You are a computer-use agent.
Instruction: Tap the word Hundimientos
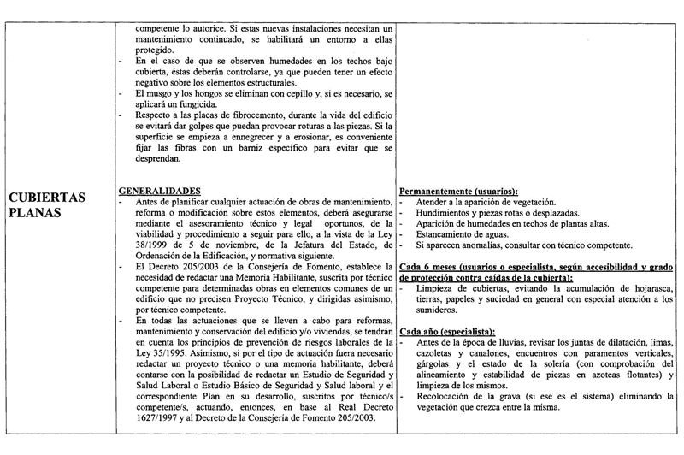coord(446,210)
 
